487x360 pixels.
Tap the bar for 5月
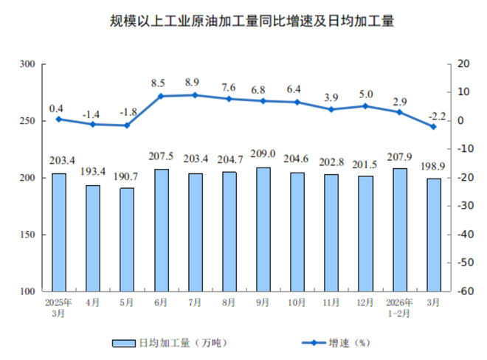[127, 240]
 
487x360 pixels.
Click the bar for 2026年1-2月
[400, 230]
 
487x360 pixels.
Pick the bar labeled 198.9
[434, 235]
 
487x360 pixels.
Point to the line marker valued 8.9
[195, 95]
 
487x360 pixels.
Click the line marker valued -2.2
[434, 126]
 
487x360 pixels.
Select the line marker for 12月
[366, 106]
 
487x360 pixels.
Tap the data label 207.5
[161, 156]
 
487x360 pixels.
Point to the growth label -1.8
[127, 112]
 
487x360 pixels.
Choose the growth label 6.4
[297, 89]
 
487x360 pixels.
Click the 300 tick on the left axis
[29, 65]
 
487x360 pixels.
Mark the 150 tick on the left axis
[29, 235]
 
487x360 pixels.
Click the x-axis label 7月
[195, 302]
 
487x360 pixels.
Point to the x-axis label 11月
[331, 302]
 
